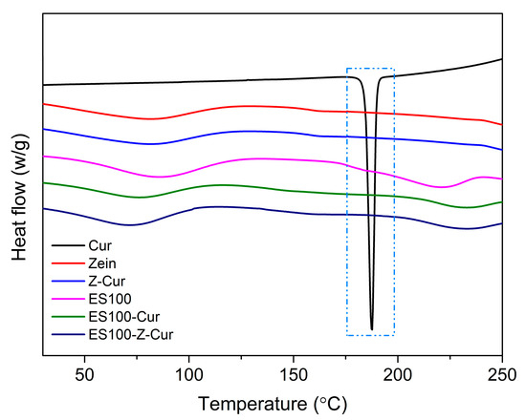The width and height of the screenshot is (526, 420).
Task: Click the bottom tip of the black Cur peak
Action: [x=372, y=329]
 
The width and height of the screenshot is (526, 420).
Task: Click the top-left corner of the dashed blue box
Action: [x=347, y=69]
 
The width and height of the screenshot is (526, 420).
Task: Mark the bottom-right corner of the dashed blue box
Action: [x=394, y=335]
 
